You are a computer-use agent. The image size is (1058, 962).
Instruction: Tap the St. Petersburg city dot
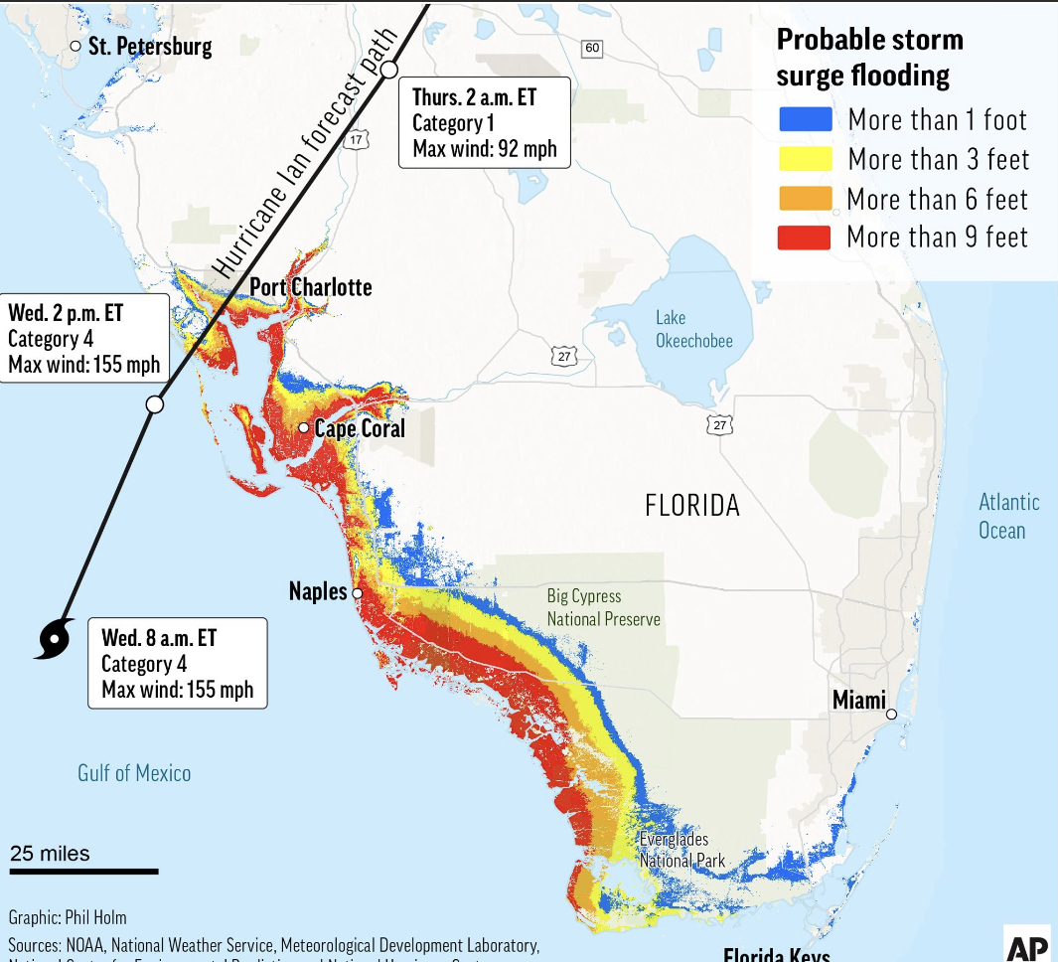pyautogui.click(x=76, y=47)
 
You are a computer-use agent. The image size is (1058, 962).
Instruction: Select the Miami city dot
pyautogui.click(x=891, y=714)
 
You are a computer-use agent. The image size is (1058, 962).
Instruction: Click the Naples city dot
pyautogui.click(x=357, y=593)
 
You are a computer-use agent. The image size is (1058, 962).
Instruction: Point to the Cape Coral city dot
pyautogui.click(x=303, y=428)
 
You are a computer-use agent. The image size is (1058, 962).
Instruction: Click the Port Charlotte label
pyautogui.click(x=310, y=287)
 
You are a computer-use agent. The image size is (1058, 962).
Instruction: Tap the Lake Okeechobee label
pyautogui.click(x=693, y=329)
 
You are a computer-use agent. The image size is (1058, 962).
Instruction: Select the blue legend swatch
pyautogui.click(x=804, y=120)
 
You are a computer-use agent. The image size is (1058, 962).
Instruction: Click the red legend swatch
pyautogui.click(x=804, y=237)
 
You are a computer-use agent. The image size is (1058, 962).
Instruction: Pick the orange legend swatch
pyautogui.click(x=804, y=198)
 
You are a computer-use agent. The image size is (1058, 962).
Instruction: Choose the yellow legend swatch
pyautogui.click(x=804, y=159)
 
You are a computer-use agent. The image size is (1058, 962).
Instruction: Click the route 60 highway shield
pyautogui.click(x=592, y=48)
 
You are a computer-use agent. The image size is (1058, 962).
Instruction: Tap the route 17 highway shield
pyautogui.click(x=355, y=140)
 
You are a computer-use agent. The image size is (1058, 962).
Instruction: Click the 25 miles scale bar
pyautogui.click(x=83, y=872)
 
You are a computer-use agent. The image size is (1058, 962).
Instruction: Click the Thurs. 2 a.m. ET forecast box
pyautogui.click(x=485, y=123)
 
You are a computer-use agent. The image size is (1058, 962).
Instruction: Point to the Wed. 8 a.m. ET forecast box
pyautogui.click(x=177, y=663)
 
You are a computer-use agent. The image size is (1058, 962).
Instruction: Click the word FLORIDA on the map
pyautogui.click(x=692, y=505)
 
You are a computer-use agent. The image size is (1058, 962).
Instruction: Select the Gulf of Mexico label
pyautogui.click(x=134, y=772)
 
